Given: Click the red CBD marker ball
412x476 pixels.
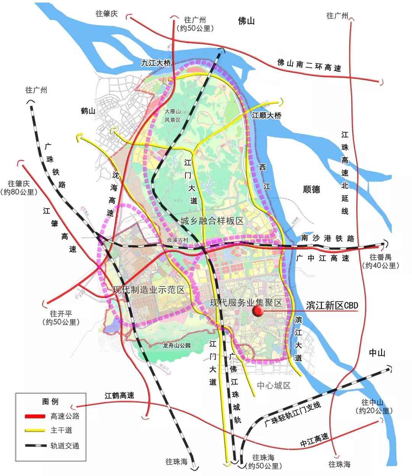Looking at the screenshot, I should tap(258, 311).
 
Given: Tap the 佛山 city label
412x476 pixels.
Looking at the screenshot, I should tap(246, 21).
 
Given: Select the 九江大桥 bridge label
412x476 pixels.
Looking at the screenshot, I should tap(156, 63).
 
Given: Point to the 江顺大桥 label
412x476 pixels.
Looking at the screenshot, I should tap(266, 115).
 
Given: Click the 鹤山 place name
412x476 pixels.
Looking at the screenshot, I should tap(88, 111).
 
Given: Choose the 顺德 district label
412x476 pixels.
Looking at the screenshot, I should tap(311, 189).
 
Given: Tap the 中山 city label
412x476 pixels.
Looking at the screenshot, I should tap(377, 353).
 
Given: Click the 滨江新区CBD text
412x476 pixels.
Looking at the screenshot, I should tap(332, 306).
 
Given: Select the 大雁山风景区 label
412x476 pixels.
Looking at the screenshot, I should tap(172, 116).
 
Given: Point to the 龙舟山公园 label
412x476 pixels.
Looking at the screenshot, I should tap(176, 346).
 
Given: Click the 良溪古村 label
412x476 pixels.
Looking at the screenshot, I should tap(178, 240).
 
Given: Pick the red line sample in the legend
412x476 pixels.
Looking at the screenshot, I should tap(35, 416).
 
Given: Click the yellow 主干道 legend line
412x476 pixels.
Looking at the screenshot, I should tap(35, 431).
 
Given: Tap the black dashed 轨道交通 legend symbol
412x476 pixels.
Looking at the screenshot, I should tap(35, 445).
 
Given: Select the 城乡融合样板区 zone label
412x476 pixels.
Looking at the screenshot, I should tap(212, 221).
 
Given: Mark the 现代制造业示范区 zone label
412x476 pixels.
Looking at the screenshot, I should tap(149, 290).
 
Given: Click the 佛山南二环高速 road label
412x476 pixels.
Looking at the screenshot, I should tap(309, 65).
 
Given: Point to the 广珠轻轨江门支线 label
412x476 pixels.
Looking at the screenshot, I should tap(293, 414).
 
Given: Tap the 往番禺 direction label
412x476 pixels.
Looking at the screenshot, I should tap(380, 257).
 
